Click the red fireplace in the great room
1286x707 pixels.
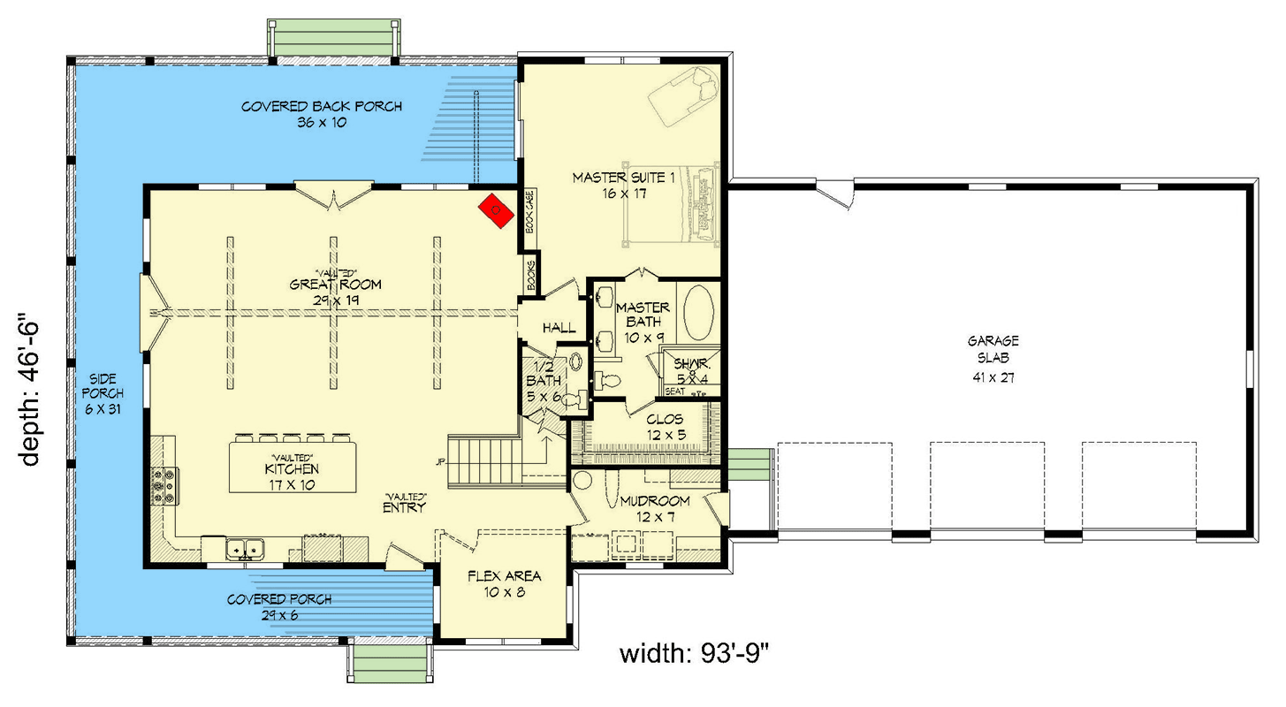(496, 210)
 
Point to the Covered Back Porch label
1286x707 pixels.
(322, 114)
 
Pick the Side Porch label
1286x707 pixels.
(103, 392)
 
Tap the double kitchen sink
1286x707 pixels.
(244, 551)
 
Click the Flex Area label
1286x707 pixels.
(504, 583)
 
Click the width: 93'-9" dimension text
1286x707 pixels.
(697, 655)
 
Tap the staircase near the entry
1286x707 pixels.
(485, 460)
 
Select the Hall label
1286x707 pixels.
(559, 328)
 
